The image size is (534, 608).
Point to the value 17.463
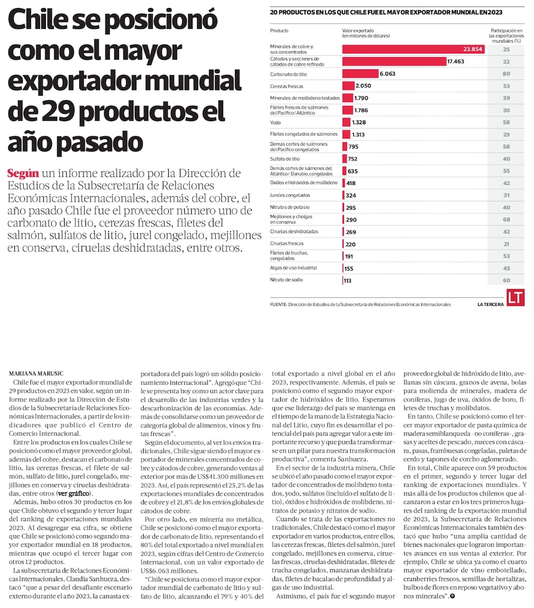(x=457, y=61)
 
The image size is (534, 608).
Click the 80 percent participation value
(x=506, y=74)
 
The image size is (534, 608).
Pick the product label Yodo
(x=276, y=122)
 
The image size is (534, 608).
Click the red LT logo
(x=515, y=298)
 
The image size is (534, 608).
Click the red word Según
(x=23, y=174)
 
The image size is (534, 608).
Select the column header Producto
(x=279, y=30)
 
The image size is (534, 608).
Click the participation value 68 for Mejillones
(x=506, y=219)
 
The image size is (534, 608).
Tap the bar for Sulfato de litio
(x=343, y=158)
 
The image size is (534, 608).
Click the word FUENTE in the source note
(x=279, y=304)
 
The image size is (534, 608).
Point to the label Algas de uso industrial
(x=294, y=267)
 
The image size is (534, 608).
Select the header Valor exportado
(x=358, y=30)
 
